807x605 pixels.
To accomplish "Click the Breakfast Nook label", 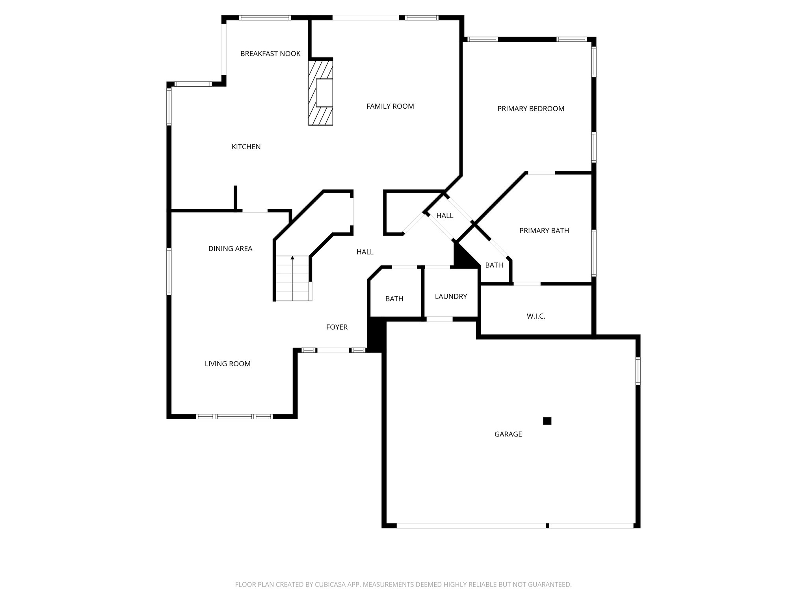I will tap(270, 54).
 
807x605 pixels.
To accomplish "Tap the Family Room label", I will tap(390, 106).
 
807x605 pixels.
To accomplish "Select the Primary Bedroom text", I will tap(530, 109).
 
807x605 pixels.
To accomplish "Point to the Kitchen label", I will tap(246, 147).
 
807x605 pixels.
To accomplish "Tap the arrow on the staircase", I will tap(292, 258).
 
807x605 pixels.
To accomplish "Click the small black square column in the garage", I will tap(547, 421).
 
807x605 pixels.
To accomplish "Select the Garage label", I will tap(508, 434).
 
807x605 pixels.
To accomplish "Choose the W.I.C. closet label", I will tap(536, 316).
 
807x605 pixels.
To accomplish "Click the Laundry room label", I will tap(451, 297).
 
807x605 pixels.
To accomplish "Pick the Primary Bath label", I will tap(544, 231).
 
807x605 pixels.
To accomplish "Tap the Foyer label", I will tap(337, 327).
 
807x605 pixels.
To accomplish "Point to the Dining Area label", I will tap(230, 249).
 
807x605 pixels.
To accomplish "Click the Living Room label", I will tap(227, 364).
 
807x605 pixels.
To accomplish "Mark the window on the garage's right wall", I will tap(638, 371).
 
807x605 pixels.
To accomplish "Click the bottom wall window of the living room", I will tap(234, 416).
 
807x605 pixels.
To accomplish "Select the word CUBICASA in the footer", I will tap(328, 596).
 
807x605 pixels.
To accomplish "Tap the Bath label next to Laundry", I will tap(394, 299).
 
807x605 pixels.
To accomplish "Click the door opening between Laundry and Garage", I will tap(439, 319).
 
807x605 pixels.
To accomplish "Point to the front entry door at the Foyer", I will tap(333, 350).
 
